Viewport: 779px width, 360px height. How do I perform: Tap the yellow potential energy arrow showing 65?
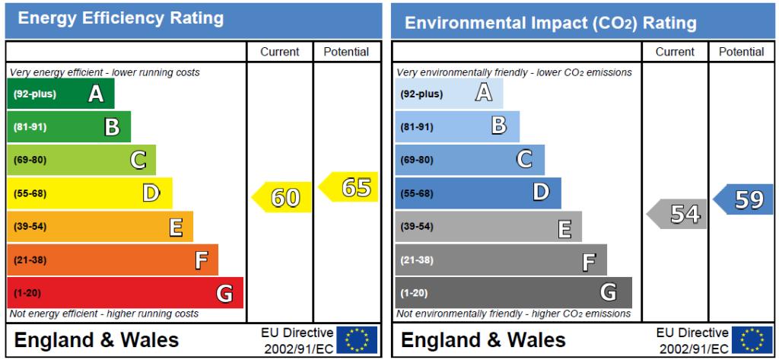click(349, 187)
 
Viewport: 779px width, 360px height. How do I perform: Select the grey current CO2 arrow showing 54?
click(676, 214)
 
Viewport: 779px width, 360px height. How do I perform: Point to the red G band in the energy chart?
click(125, 293)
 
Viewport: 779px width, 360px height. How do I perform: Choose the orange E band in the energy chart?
click(100, 227)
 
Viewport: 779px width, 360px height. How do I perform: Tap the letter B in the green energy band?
click(112, 127)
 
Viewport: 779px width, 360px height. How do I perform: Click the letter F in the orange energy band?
click(201, 260)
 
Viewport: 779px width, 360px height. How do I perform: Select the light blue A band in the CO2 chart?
click(449, 94)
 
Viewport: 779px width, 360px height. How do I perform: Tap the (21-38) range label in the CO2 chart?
click(418, 260)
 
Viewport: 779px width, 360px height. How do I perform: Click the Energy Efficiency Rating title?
click(120, 18)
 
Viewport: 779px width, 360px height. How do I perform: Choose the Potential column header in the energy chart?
click(346, 52)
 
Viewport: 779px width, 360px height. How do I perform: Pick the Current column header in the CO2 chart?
click(675, 52)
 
